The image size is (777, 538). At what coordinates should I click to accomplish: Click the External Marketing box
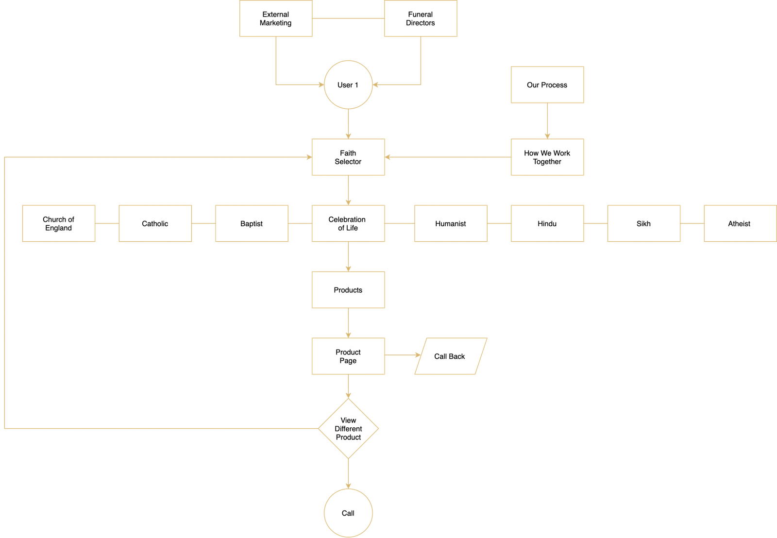click(x=275, y=18)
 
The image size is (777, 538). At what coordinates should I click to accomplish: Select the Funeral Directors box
click(x=420, y=18)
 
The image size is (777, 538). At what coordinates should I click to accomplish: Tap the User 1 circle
click(x=348, y=85)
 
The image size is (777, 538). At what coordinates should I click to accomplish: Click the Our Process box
click(x=547, y=85)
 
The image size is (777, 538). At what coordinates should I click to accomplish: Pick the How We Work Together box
click(x=547, y=157)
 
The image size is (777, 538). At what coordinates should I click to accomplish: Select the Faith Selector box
click(x=348, y=157)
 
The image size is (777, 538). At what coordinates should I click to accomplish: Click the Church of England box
click(x=58, y=223)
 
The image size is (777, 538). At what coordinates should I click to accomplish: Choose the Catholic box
click(x=155, y=223)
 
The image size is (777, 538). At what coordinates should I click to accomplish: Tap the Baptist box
click(x=252, y=223)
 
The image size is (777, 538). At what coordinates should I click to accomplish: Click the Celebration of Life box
click(x=348, y=223)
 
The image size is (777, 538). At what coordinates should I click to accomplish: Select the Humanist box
click(x=450, y=223)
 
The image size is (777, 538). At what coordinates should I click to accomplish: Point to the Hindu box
click(x=547, y=223)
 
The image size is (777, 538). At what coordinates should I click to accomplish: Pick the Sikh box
click(x=643, y=223)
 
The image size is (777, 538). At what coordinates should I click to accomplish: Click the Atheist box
click(x=739, y=223)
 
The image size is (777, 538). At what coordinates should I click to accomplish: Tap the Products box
click(x=348, y=290)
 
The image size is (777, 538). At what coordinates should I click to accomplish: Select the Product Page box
click(x=348, y=356)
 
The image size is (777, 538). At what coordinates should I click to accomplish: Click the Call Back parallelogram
click(x=450, y=356)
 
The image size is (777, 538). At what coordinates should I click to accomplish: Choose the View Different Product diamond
click(x=348, y=429)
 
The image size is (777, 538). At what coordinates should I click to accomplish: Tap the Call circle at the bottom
click(x=348, y=513)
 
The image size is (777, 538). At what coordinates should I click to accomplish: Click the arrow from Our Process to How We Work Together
click(x=547, y=121)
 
